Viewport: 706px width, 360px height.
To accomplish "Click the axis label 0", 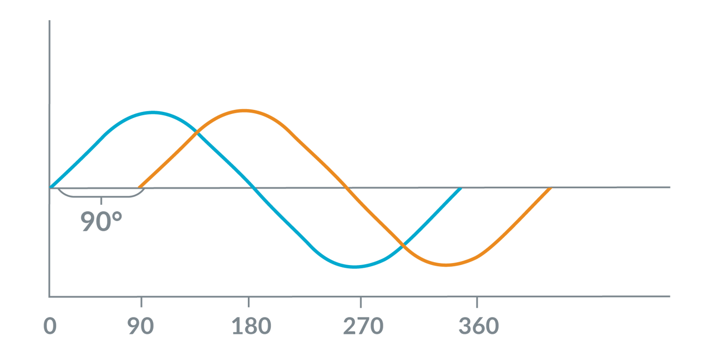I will tap(50, 327).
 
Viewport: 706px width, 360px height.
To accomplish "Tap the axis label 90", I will tap(141, 327).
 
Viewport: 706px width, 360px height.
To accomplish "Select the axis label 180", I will tap(251, 327).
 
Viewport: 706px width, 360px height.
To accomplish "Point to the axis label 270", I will tap(363, 327).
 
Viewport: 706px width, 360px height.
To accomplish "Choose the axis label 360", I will tap(479, 327).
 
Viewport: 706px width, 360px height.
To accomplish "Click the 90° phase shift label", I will tap(102, 221).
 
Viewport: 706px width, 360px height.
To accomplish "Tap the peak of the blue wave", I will tap(153, 112).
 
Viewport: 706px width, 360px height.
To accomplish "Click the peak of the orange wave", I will tap(244, 110).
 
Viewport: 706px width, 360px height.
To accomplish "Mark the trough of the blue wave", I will tap(355, 266).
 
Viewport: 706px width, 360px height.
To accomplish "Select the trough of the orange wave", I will tap(446, 265).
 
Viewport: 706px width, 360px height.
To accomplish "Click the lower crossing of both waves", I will tap(402, 246).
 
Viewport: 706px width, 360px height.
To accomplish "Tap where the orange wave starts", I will tap(139, 187).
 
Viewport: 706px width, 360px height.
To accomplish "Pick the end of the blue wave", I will tap(460, 188).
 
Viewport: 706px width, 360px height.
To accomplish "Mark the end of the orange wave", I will tap(551, 188).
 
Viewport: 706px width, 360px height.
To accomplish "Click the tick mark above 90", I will tap(141, 302).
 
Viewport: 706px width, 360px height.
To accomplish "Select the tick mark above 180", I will tap(248, 302).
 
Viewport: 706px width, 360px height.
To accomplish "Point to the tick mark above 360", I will tap(477, 302).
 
